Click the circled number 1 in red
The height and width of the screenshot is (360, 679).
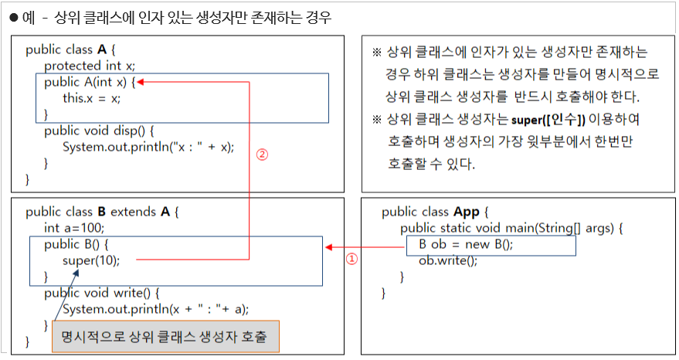[351, 260]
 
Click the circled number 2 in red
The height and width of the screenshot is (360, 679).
[262, 154]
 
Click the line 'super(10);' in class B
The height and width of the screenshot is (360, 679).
[91, 260]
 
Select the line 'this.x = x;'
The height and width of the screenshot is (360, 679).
[92, 98]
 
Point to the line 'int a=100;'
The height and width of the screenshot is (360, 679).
[74, 228]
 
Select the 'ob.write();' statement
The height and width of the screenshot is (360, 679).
[448, 261]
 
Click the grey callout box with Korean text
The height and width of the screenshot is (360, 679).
[165, 338]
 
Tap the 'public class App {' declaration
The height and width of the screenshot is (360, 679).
[436, 212]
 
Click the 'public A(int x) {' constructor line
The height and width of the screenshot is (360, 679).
[90, 82]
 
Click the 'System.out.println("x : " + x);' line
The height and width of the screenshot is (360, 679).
[148, 147]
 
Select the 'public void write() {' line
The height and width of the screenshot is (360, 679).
[101, 293]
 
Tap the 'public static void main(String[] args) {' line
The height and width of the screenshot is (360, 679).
[511, 229]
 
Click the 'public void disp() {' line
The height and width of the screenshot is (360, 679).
[100, 131]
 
